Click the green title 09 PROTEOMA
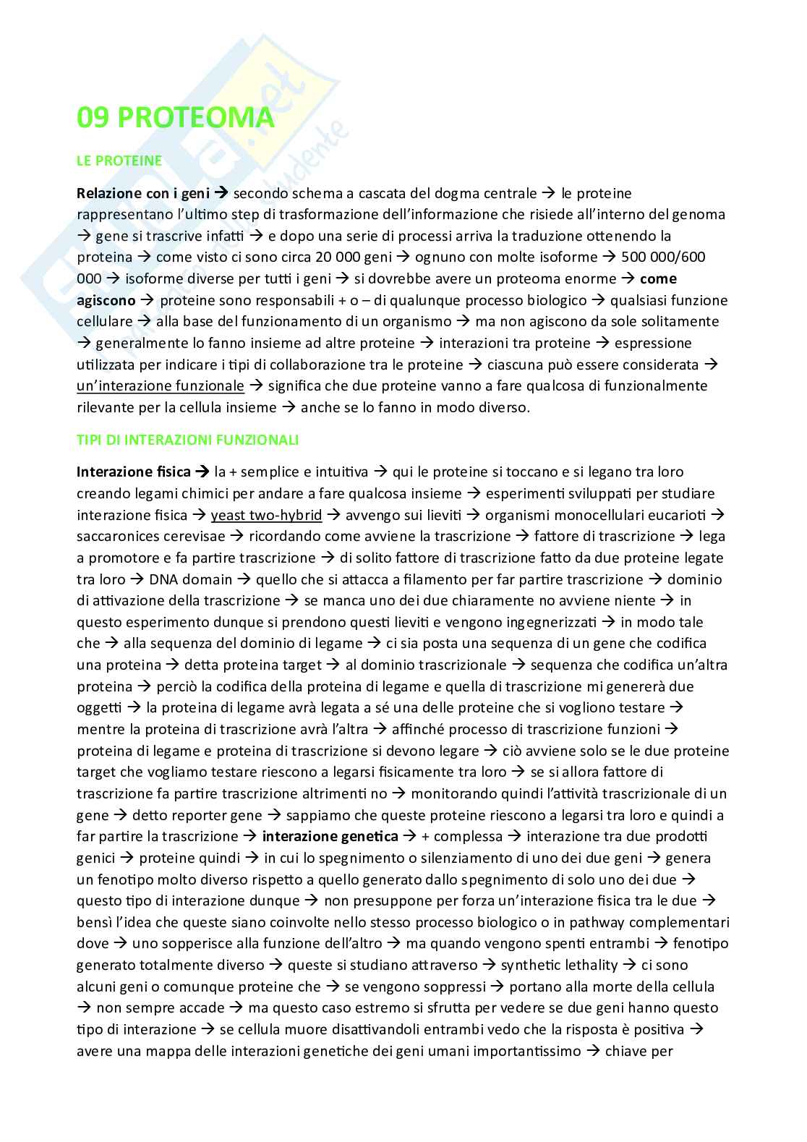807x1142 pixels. pos(175,119)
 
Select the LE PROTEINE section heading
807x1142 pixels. pos(119,161)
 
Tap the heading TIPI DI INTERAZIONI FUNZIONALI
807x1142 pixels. pos(187,440)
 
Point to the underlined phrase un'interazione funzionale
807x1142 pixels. pos(160,385)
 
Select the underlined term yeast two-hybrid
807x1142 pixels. pos(266,515)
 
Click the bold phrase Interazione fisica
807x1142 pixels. pos(134,472)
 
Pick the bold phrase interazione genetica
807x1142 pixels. pos(330,836)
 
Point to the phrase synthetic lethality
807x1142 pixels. pos(559,965)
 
